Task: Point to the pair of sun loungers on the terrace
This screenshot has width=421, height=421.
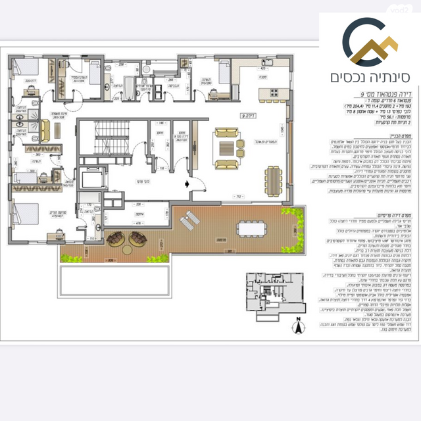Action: tap(188, 221)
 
